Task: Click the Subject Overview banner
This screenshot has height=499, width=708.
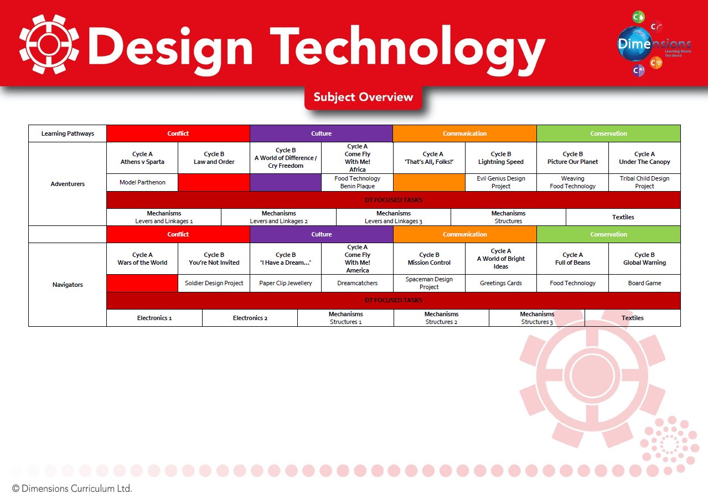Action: [x=363, y=97]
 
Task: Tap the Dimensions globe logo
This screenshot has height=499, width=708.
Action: [x=654, y=44]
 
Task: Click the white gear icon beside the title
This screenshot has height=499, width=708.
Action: [x=49, y=44]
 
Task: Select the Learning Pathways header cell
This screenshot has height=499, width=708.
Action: [x=68, y=133]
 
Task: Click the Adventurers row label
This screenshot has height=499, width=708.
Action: [x=68, y=184]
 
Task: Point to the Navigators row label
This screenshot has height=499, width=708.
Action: [x=68, y=285]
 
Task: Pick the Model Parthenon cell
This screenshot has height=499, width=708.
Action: [x=142, y=182]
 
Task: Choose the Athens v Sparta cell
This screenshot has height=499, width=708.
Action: [x=142, y=158]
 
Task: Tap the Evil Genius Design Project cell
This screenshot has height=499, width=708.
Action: [x=501, y=182]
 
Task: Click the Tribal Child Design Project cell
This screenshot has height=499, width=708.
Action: [x=644, y=182]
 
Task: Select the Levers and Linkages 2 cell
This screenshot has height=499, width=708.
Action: [x=278, y=217]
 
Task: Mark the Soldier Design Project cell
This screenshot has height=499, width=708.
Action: [x=214, y=283]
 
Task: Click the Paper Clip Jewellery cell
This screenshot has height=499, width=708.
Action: [x=286, y=283]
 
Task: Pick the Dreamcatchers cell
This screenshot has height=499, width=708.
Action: [x=357, y=283]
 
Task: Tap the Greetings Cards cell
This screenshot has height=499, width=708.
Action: [x=501, y=283]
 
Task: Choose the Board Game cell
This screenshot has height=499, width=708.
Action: [x=644, y=283]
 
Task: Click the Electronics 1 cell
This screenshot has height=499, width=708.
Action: [x=154, y=318]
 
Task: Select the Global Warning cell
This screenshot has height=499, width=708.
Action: [x=644, y=259]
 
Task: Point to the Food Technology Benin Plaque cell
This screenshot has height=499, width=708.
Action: [x=357, y=182]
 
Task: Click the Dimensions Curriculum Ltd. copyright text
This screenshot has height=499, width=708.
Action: [x=72, y=488]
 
